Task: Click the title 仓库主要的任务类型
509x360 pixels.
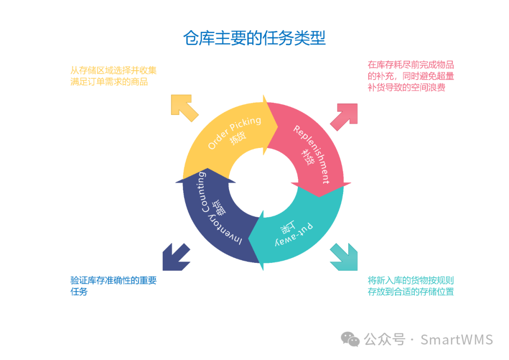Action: [254, 38]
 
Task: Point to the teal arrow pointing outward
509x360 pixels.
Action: [344, 257]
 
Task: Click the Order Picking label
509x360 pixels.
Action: [234, 132]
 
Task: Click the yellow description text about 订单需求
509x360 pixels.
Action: [113, 76]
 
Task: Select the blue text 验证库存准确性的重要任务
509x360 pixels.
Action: [113, 286]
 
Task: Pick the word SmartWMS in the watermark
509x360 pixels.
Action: [456, 339]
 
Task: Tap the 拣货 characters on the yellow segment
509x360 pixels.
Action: [238, 138]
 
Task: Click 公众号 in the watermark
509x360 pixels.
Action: [385, 339]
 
